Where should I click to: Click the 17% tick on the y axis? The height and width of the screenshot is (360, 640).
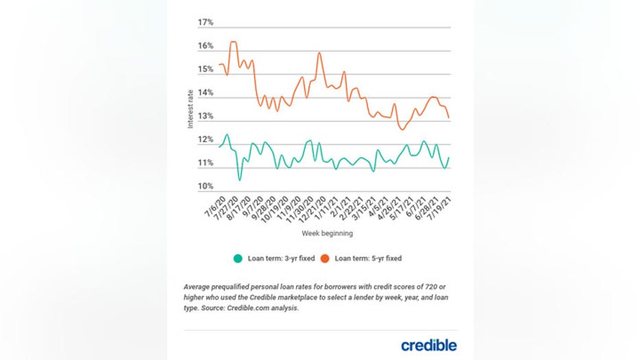(205, 23)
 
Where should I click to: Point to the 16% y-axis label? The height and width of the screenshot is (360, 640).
(205, 46)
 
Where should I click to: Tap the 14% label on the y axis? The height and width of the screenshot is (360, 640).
(205, 93)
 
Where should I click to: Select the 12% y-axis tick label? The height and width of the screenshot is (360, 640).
(205, 140)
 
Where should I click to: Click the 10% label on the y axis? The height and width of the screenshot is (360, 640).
(205, 186)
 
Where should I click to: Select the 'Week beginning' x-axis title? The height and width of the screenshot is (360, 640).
(327, 234)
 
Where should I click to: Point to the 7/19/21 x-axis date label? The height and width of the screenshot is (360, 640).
(439, 205)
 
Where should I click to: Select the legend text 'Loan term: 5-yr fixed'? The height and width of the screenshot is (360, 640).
(368, 259)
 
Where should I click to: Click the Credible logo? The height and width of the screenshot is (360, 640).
(428, 345)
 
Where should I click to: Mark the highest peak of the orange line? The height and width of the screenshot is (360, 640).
(233, 42)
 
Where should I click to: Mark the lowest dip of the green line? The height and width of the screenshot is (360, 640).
(240, 180)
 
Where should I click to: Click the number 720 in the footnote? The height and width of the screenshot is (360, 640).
(437, 286)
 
